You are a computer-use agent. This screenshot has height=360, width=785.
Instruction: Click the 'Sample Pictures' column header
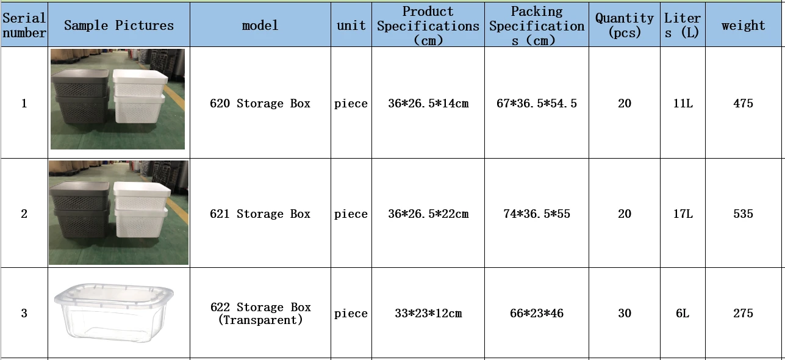[119, 25]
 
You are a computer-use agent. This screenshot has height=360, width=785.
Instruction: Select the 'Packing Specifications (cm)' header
[537, 26]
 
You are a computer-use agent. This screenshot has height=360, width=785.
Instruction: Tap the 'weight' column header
[743, 26]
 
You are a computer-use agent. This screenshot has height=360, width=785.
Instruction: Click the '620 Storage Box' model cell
[260, 103]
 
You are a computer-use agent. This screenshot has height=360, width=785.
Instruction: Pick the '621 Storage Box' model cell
[260, 214]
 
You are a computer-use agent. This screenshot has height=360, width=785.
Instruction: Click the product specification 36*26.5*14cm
[428, 103]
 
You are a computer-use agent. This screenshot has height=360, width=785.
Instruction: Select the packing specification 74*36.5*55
[537, 214]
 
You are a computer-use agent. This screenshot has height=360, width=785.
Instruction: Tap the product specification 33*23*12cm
[428, 313]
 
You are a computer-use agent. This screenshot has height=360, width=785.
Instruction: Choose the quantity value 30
[625, 313]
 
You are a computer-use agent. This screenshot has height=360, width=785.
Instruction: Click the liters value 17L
[683, 214]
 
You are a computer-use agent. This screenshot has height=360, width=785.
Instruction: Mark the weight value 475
[743, 103]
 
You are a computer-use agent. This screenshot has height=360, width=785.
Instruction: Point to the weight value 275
[743, 313]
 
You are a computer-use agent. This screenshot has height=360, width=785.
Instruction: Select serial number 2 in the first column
[24, 214]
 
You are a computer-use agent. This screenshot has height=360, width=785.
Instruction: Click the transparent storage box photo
[114, 312]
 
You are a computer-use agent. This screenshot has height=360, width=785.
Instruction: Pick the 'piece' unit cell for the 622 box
[351, 313]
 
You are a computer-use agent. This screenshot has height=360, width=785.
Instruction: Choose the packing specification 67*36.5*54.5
[537, 103]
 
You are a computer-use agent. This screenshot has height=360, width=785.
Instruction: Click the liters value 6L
[683, 313]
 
